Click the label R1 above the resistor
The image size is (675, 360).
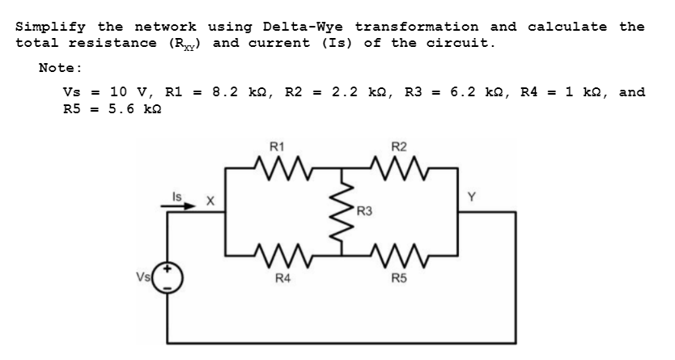(x=277, y=147)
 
